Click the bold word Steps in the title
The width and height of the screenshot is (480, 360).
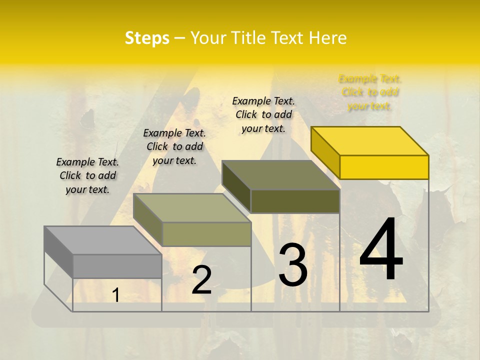[147, 38]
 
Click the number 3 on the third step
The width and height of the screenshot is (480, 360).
[293, 265]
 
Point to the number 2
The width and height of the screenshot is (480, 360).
[201, 280]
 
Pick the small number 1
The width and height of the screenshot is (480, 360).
[115, 295]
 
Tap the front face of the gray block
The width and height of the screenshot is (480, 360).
[117, 266]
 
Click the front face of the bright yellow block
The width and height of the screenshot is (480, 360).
[384, 167]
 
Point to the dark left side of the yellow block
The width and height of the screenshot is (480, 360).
[325, 152]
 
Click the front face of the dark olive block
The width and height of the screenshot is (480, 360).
[295, 201]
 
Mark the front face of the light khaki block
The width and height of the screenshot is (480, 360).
[206, 234]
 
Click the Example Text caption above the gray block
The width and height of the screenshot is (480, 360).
[87, 175]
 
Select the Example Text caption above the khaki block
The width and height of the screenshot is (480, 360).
[174, 146]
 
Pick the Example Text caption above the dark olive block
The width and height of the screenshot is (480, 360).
[263, 114]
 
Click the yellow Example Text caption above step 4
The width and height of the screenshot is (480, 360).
[369, 92]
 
